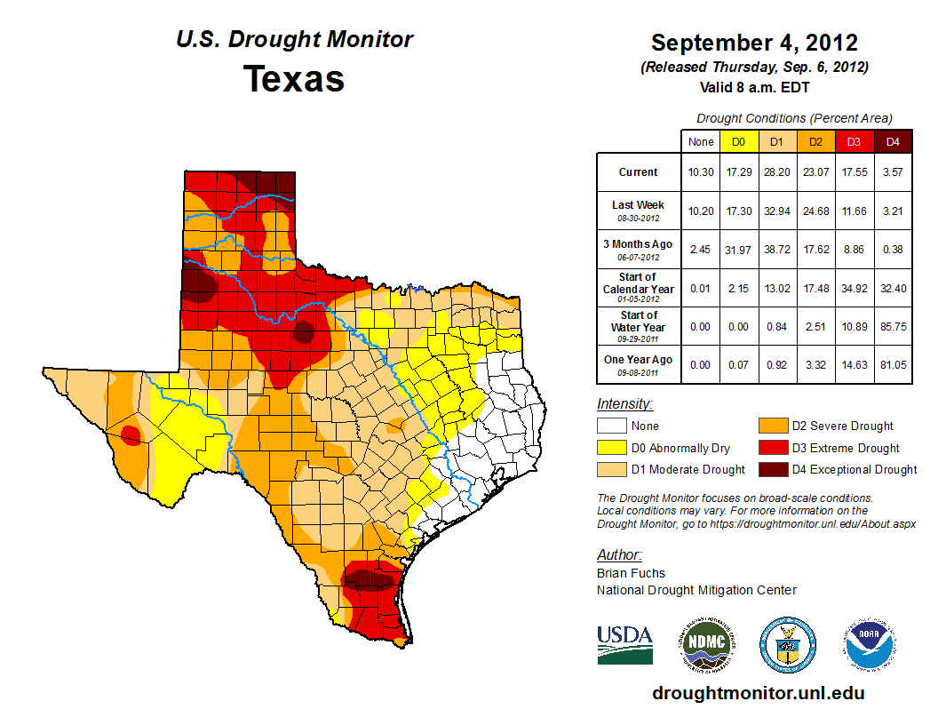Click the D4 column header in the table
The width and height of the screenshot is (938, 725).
[893, 142]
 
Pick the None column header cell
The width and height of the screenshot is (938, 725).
[701, 142]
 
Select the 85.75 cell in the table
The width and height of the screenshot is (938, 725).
[893, 327]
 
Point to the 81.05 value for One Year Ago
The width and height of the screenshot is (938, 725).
[893, 365]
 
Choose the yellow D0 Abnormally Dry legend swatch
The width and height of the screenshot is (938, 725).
[611, 448]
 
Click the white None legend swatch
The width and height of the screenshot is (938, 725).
[611, 426]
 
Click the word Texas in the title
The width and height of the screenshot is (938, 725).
[294, 79]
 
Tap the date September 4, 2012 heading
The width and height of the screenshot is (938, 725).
[754, 43]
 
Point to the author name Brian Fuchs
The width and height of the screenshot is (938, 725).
[631, 573]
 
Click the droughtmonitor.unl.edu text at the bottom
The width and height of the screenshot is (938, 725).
[758, 693]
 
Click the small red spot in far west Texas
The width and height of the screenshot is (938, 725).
[130, 434]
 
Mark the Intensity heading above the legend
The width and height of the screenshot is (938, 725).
[624, 404]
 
